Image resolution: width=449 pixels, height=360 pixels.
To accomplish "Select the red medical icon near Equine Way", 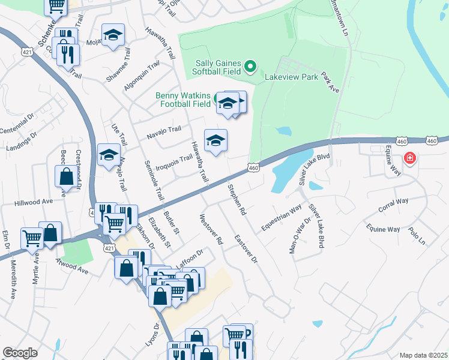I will (x=410, y=158).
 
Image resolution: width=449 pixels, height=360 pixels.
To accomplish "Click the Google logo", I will (x=20, y=353).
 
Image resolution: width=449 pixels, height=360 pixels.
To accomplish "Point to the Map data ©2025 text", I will (x=423, y=355).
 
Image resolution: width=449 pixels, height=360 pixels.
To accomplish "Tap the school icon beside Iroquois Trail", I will (x=216, y=142).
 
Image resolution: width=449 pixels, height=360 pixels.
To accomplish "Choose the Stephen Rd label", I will (x=237, y=200).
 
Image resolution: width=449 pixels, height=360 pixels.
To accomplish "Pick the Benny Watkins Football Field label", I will (x=183, y=100).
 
